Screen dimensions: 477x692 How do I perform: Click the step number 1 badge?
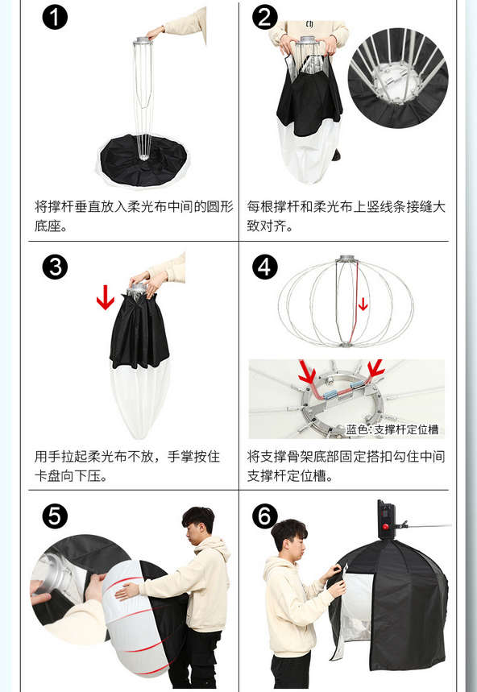[55, 18]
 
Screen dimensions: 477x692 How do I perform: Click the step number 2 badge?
[265, 18]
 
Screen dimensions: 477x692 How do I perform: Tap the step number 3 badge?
[55, 267]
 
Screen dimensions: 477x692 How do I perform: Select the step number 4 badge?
[265, 267]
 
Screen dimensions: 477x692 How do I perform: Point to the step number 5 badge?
[55, 516]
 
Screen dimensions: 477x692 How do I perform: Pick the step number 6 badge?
[265, 516]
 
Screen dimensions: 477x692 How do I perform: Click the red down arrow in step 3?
[106, 297]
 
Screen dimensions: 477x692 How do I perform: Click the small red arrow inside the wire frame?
[363, 304]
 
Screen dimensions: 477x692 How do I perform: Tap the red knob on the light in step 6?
[385, 526]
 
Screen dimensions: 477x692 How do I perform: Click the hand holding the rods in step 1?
[156, 33]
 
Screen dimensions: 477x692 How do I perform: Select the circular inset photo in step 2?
[398, 78]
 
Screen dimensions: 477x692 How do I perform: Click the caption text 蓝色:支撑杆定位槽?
[392, 429]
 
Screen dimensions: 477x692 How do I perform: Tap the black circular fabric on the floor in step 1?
[143, 160]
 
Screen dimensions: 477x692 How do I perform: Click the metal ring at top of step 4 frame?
[346, 259]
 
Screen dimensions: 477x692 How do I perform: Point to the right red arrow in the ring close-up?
[376, 369]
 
